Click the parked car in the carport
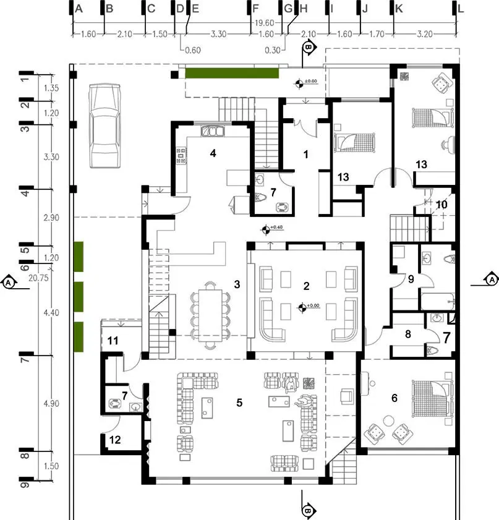point(104,126)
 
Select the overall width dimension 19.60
point(264,23)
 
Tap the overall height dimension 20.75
point(38,278)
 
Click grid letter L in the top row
point(461,9)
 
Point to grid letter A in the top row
point(79,9)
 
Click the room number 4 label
point(213,153)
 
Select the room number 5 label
point(239,403)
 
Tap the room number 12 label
point(115,440)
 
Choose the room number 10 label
point(441,205)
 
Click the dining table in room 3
point(210,315)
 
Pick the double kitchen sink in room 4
point(213,131)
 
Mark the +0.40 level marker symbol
point(266,229)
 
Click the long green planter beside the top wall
point(232,73)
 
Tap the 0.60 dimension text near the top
point(193,51)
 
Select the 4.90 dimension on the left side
point(51,404)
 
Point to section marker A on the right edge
point(492,279)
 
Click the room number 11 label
point(113,341)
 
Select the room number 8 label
point(408,334)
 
